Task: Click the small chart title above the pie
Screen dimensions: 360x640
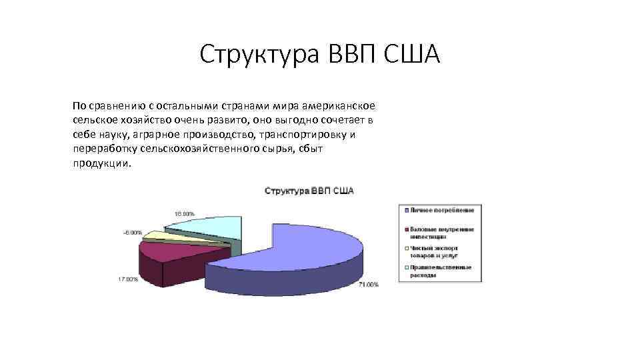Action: [309, 191]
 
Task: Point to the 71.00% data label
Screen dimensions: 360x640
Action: [368, 285]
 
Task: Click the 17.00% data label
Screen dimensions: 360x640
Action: [128, 279]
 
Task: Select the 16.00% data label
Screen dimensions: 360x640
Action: [185, 214]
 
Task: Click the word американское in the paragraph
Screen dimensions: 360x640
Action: [339, 106]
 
